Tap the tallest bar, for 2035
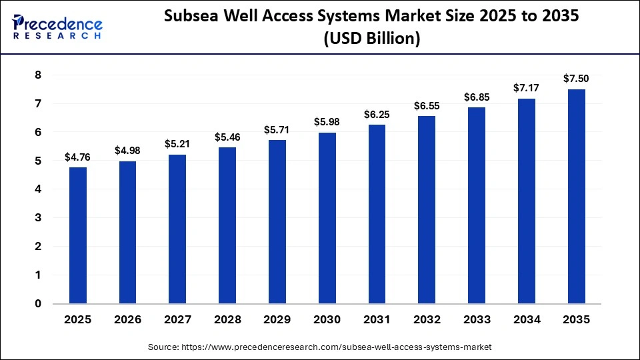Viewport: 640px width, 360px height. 577,196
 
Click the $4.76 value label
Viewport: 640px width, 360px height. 77,157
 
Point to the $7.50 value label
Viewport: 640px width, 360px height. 577,79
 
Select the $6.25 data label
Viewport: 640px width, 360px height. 377,115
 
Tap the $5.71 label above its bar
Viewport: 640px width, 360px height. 277,130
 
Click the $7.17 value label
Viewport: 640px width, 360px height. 527,89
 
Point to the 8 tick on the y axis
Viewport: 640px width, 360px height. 38,75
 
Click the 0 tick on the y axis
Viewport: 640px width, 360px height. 38,303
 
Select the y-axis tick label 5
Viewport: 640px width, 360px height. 38,161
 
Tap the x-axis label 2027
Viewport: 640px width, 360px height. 177,320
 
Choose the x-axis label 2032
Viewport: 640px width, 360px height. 427,320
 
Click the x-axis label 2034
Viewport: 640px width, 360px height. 527,320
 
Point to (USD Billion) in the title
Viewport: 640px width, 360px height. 371,40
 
